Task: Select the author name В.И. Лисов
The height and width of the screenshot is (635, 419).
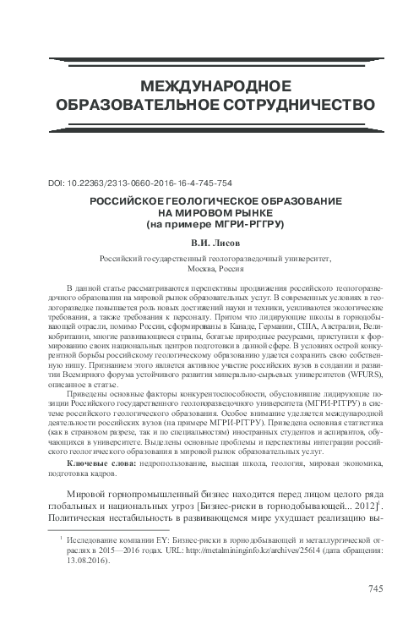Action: (208, 246)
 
